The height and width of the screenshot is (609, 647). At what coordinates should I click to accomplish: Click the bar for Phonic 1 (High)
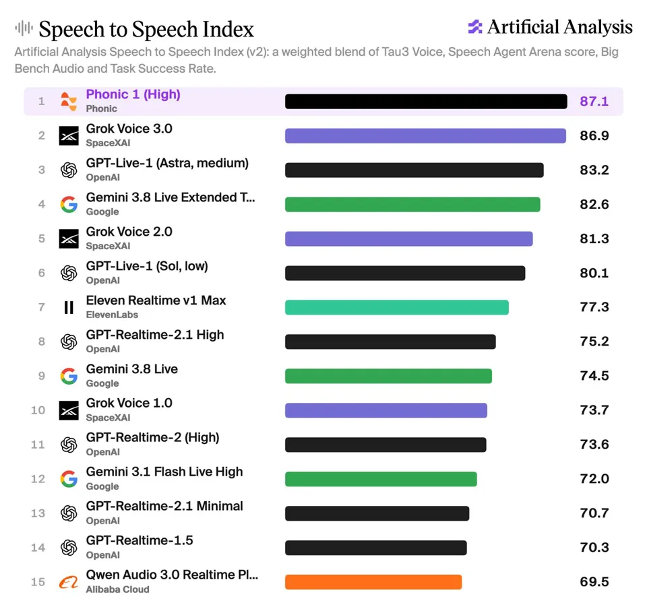(426, 102)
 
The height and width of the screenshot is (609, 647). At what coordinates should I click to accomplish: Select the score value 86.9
(594, 135)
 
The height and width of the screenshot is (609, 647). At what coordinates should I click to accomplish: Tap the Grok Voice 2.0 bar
(408, 238)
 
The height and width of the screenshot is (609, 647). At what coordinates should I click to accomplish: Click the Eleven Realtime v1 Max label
(156, 300)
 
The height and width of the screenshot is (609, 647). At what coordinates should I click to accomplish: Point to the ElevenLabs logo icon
(69, 307)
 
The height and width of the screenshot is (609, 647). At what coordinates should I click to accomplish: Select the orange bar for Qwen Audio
(373, 582)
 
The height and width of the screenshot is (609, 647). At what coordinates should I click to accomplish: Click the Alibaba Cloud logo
(69, 582)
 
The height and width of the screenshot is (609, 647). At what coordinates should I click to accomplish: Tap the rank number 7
(41, 307)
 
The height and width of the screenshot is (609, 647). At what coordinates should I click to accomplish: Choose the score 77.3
(594, 307)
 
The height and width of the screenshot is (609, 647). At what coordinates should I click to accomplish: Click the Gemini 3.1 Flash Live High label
(164, 472)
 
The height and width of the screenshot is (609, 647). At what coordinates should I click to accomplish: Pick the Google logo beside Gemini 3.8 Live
(69, 376)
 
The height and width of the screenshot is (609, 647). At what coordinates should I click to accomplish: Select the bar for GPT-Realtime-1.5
(375, 548)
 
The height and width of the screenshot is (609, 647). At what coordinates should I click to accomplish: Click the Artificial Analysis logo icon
(475, 27)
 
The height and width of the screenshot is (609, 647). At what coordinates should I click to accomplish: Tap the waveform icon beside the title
(24, 28)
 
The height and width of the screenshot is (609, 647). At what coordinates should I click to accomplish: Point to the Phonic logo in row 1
(69, 102)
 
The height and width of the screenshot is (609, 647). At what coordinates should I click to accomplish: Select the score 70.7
(594, 513)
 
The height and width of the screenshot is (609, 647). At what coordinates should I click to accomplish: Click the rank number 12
(38, 479)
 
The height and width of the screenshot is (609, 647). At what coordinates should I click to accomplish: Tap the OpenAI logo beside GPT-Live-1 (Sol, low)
(69, 273)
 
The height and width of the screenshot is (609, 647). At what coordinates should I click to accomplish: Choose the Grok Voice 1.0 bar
(386, 410)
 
